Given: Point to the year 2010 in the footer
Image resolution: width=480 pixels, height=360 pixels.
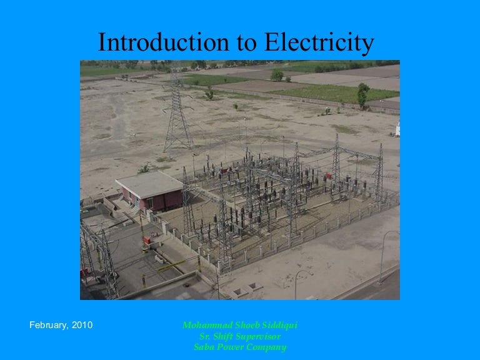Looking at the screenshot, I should click(82, 325).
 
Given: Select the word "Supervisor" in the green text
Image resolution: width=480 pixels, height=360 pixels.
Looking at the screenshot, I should click(252, 337).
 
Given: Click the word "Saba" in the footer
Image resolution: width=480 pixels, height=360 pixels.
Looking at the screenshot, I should click(206, 347).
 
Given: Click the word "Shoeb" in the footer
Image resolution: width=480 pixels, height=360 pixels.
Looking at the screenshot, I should click(243, 326).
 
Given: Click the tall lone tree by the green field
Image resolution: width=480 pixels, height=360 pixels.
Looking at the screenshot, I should click(362, 94).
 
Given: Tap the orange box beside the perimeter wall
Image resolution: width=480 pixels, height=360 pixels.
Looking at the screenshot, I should click(147, 240).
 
